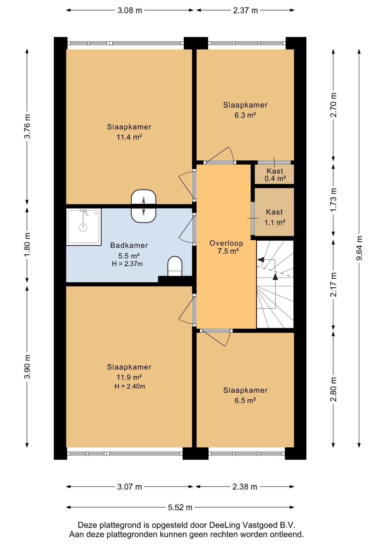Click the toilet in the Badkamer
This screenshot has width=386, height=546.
[175, 266]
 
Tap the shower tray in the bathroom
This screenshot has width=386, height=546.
[84, 227]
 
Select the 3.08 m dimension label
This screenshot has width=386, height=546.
[130, 11]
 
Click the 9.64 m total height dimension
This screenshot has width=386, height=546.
[359, 248]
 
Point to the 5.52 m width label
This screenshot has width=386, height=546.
[180, 507]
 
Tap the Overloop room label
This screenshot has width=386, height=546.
[226, 243]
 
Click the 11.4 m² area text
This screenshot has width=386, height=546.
[129, 137]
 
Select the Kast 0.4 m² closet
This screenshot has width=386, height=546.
[274, 174]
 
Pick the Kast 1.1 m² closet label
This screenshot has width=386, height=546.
[275, 217]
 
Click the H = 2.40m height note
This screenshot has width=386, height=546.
[130, 386]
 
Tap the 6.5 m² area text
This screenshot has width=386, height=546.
[245, 400]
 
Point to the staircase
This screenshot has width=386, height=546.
[275, 284]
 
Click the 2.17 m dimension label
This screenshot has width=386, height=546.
[333, 284]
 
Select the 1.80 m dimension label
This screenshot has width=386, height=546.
[27, 245]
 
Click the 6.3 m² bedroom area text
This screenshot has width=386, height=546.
[245, 115]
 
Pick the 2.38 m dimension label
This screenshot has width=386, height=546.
[245, 487]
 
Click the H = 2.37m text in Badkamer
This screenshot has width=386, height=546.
[127, 264]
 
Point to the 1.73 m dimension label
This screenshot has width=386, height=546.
[333, 200]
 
